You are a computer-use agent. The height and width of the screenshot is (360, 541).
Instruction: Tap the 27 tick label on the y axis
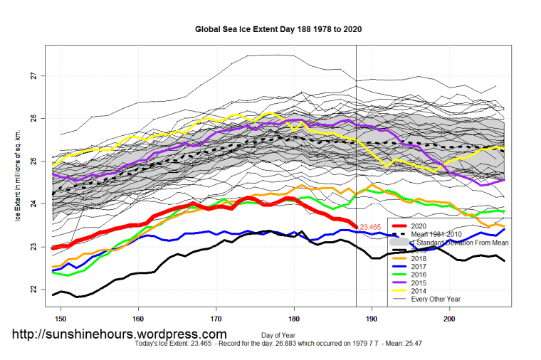click(x=33, y=75)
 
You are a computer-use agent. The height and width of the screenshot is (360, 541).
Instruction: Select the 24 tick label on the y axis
click(x=33, y=204)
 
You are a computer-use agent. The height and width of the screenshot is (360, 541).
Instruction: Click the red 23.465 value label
click(x=372, y=228)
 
